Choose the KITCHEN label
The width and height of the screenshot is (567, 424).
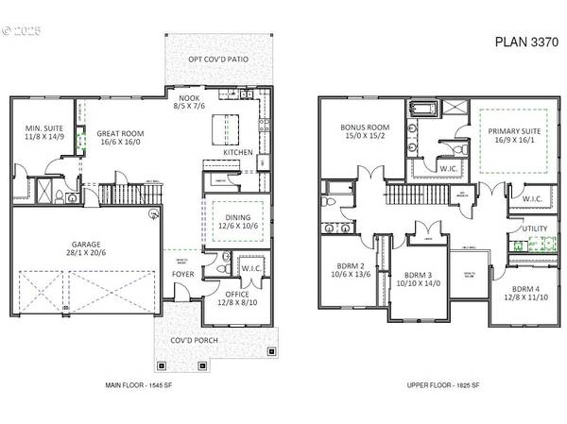point(237,152)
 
